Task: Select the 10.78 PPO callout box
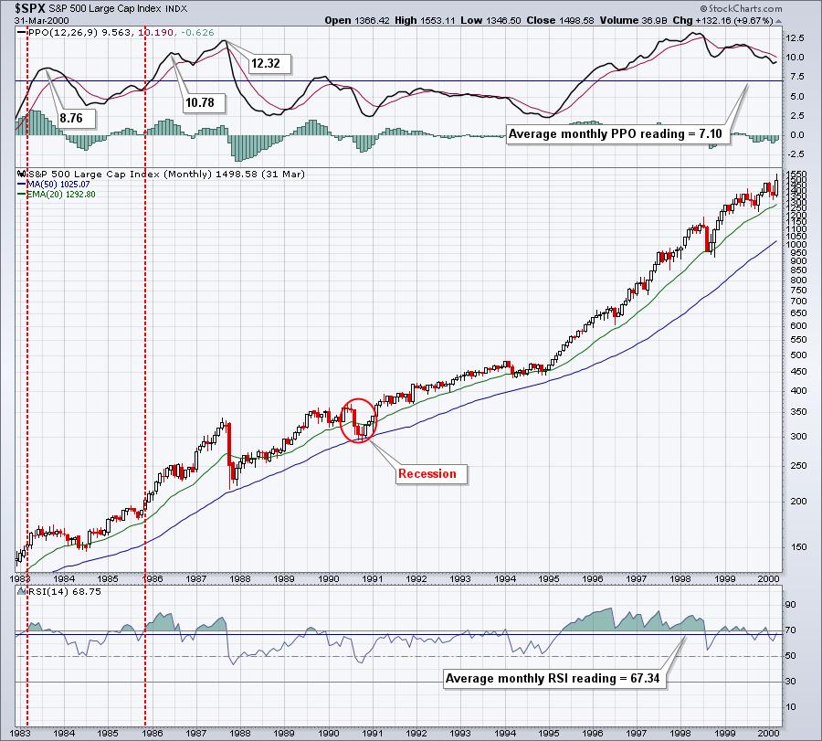(x=199, y=102)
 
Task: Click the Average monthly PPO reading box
(x=615, y=133)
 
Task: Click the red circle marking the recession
(x=357, y=419)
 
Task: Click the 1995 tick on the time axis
(x=548, y=578)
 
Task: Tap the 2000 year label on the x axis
(x=768, y=578)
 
